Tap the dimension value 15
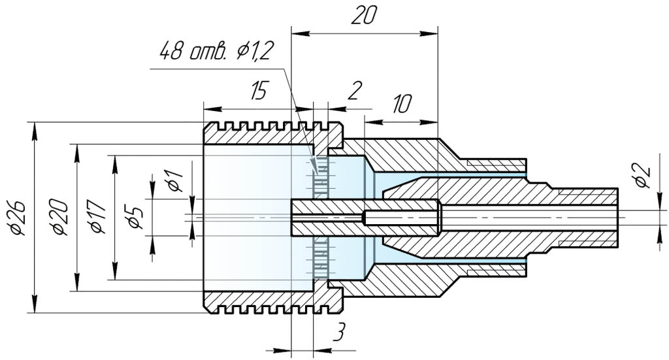259,91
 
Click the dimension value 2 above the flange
353,91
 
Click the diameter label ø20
60,218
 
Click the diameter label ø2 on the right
643,176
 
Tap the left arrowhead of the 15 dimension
208,109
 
